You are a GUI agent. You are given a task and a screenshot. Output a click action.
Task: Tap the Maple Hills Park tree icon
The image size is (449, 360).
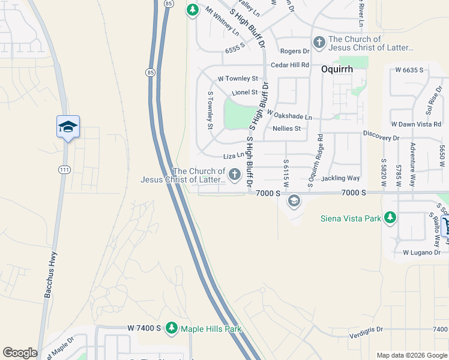pyautogui.click(x=172, y=328)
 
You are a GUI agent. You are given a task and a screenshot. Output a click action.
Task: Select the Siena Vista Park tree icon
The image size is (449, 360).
pyautogui.click(x=390, y=217)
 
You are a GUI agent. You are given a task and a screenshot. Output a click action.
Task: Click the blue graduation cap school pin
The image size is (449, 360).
pyautogui.click(x=68, y=127)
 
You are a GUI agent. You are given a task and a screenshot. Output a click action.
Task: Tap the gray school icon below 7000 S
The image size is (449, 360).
pyautogui.click(x=294, y=200)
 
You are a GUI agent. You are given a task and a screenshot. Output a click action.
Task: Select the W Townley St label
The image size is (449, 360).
pyautogui.click(x=238, y=79)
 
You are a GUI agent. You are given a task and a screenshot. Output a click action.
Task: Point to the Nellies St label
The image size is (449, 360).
pyautogui.click(x=286, y=128)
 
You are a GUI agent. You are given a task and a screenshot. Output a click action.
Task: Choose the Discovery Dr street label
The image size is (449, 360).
pyautogui.click(x=381, y=137)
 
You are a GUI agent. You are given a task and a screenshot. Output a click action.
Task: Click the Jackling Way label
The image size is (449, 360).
pyautogui.click(x=340, y=178)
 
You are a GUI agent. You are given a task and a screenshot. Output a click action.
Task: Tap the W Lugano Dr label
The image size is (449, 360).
pyautogui.click(x=422, y=253)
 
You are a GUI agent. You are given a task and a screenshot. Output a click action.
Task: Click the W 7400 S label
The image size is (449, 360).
pyautogui.click(x=144, y=328)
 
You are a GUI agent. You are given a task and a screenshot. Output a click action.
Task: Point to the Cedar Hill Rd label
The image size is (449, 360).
pyautogui.click(x=290, y=65)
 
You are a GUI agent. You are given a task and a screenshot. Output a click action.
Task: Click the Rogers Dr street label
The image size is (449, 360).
pyautogui.click(x=294, y=52)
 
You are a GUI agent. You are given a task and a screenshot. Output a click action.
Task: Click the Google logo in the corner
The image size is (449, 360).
pyautogui.click(x=20, y=353)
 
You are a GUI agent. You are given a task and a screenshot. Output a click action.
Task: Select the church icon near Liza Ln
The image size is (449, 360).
pyautogui.click(x=234, y=175)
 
